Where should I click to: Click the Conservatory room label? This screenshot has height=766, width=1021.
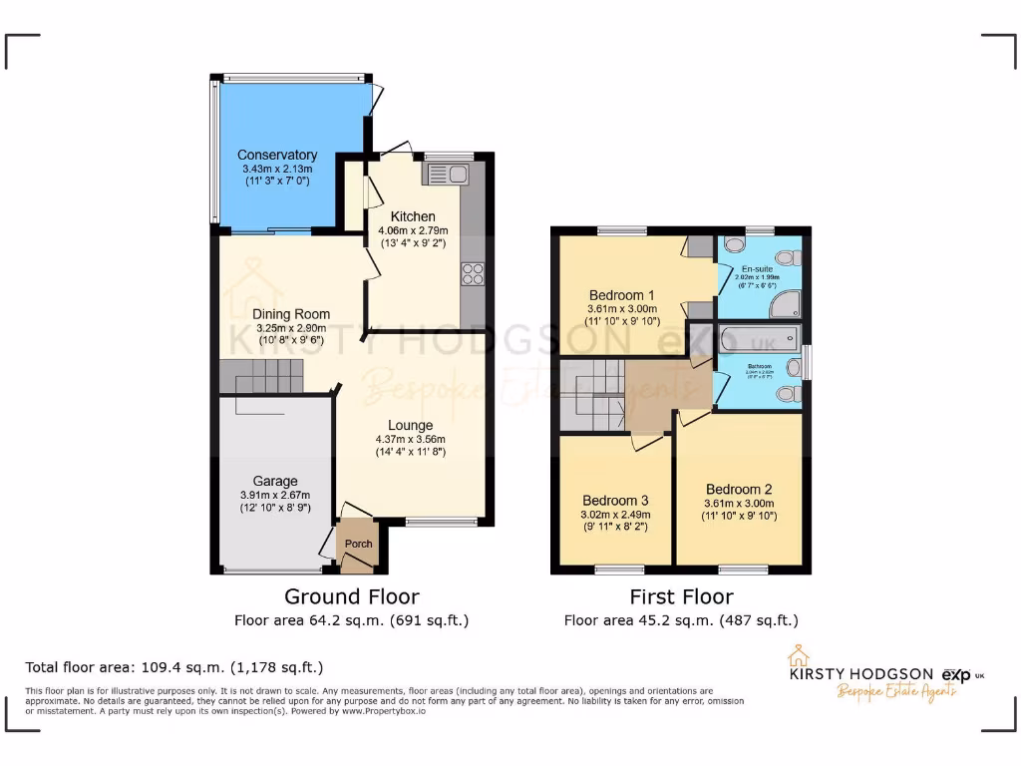(277, 155)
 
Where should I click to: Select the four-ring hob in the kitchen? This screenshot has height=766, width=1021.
(472, 273)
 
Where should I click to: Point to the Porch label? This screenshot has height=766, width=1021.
(358, 544)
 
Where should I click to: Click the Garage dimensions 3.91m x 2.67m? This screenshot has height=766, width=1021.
(275, 496)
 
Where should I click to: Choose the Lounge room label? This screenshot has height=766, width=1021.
(410, 425)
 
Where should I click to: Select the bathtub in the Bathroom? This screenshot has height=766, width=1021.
(760, 339)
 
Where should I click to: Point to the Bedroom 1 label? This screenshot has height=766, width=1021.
(621, 295)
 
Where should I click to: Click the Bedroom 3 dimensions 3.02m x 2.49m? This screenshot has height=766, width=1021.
(616, 515)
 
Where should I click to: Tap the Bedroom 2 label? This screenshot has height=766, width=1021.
(739, 490)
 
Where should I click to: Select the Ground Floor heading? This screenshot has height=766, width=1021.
(352, 596)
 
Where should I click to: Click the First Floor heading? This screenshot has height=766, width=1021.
(681, 596)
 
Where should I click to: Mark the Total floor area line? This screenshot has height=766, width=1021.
(174, 666)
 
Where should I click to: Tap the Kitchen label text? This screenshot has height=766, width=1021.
(413, 216)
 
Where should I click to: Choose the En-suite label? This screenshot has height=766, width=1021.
(757, 269)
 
